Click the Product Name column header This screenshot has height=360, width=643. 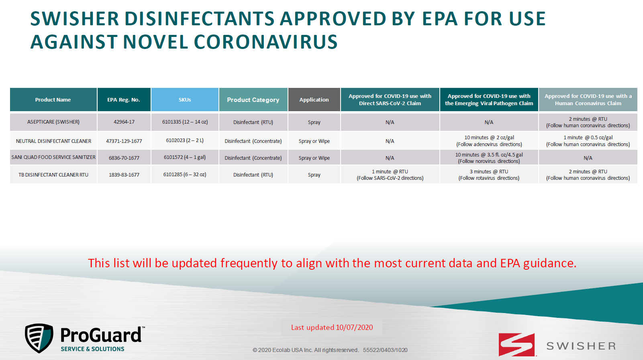click(x=53, y=100)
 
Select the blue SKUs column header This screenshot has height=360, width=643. click(x=185, y=100)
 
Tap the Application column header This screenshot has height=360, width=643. click(x=314, y=100)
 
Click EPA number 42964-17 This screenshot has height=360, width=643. click(x=124, y=122)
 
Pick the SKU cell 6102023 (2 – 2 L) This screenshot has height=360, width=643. click(x=185, y=140)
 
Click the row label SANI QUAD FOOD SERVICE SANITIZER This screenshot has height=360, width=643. click(x=53, y=157)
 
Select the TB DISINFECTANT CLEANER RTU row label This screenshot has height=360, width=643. click(x=53, y=175)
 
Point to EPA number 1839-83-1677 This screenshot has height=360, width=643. click(x=124, y=175)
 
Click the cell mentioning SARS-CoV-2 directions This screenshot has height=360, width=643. click(x=390, y=175)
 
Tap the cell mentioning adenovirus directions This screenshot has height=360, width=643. click(x=489, y=141)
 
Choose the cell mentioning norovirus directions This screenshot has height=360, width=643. click(x=489, y=158)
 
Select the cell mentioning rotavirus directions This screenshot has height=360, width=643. click(x=489, y=175)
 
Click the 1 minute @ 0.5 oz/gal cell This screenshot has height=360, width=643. click(x=588, y=141)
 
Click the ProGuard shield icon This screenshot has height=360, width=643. click(x=39, y=338)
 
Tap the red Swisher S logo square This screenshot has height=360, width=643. click(x=516, y=345)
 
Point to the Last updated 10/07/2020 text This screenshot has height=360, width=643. click(x=332, y=327)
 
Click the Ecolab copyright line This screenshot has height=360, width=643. click(x=330, y=350)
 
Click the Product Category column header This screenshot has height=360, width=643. click(x=253, y=100)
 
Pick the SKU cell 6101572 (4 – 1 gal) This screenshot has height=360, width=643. click(x=185, y=157)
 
